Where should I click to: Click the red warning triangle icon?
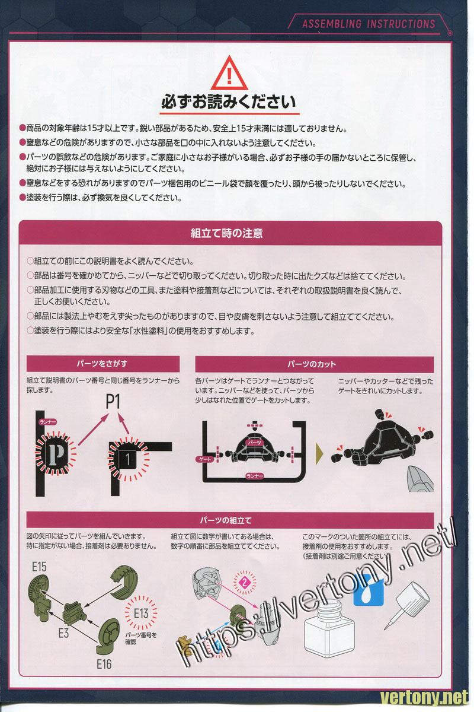[229, 74]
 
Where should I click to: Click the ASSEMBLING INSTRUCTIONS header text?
[369, 24]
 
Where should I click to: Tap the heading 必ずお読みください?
[229, 102]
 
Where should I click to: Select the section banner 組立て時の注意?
[226, 233]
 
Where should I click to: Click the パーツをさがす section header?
[103, 364]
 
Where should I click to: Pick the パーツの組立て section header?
[226, 520]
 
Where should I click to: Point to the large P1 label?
[113, 402]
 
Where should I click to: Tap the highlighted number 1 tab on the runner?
[127, 459]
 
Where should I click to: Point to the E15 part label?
[39, 567]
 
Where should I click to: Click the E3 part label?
[63, 633]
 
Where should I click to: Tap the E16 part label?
[104, 664]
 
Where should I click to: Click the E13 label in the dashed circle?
[141, 613]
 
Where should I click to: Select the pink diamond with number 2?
[245, 582]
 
